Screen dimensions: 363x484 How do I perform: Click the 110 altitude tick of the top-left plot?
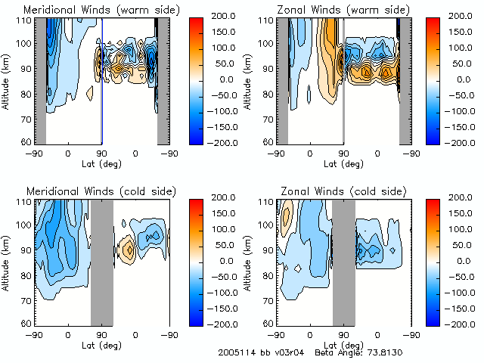click(25, 20)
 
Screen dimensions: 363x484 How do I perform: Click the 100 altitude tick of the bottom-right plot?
click(267, 225)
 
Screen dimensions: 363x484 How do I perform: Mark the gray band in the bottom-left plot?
click(101, 262)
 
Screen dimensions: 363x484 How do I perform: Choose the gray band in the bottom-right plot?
click(343, 262)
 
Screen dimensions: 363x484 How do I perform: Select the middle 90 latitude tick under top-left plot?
click(101, 154)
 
